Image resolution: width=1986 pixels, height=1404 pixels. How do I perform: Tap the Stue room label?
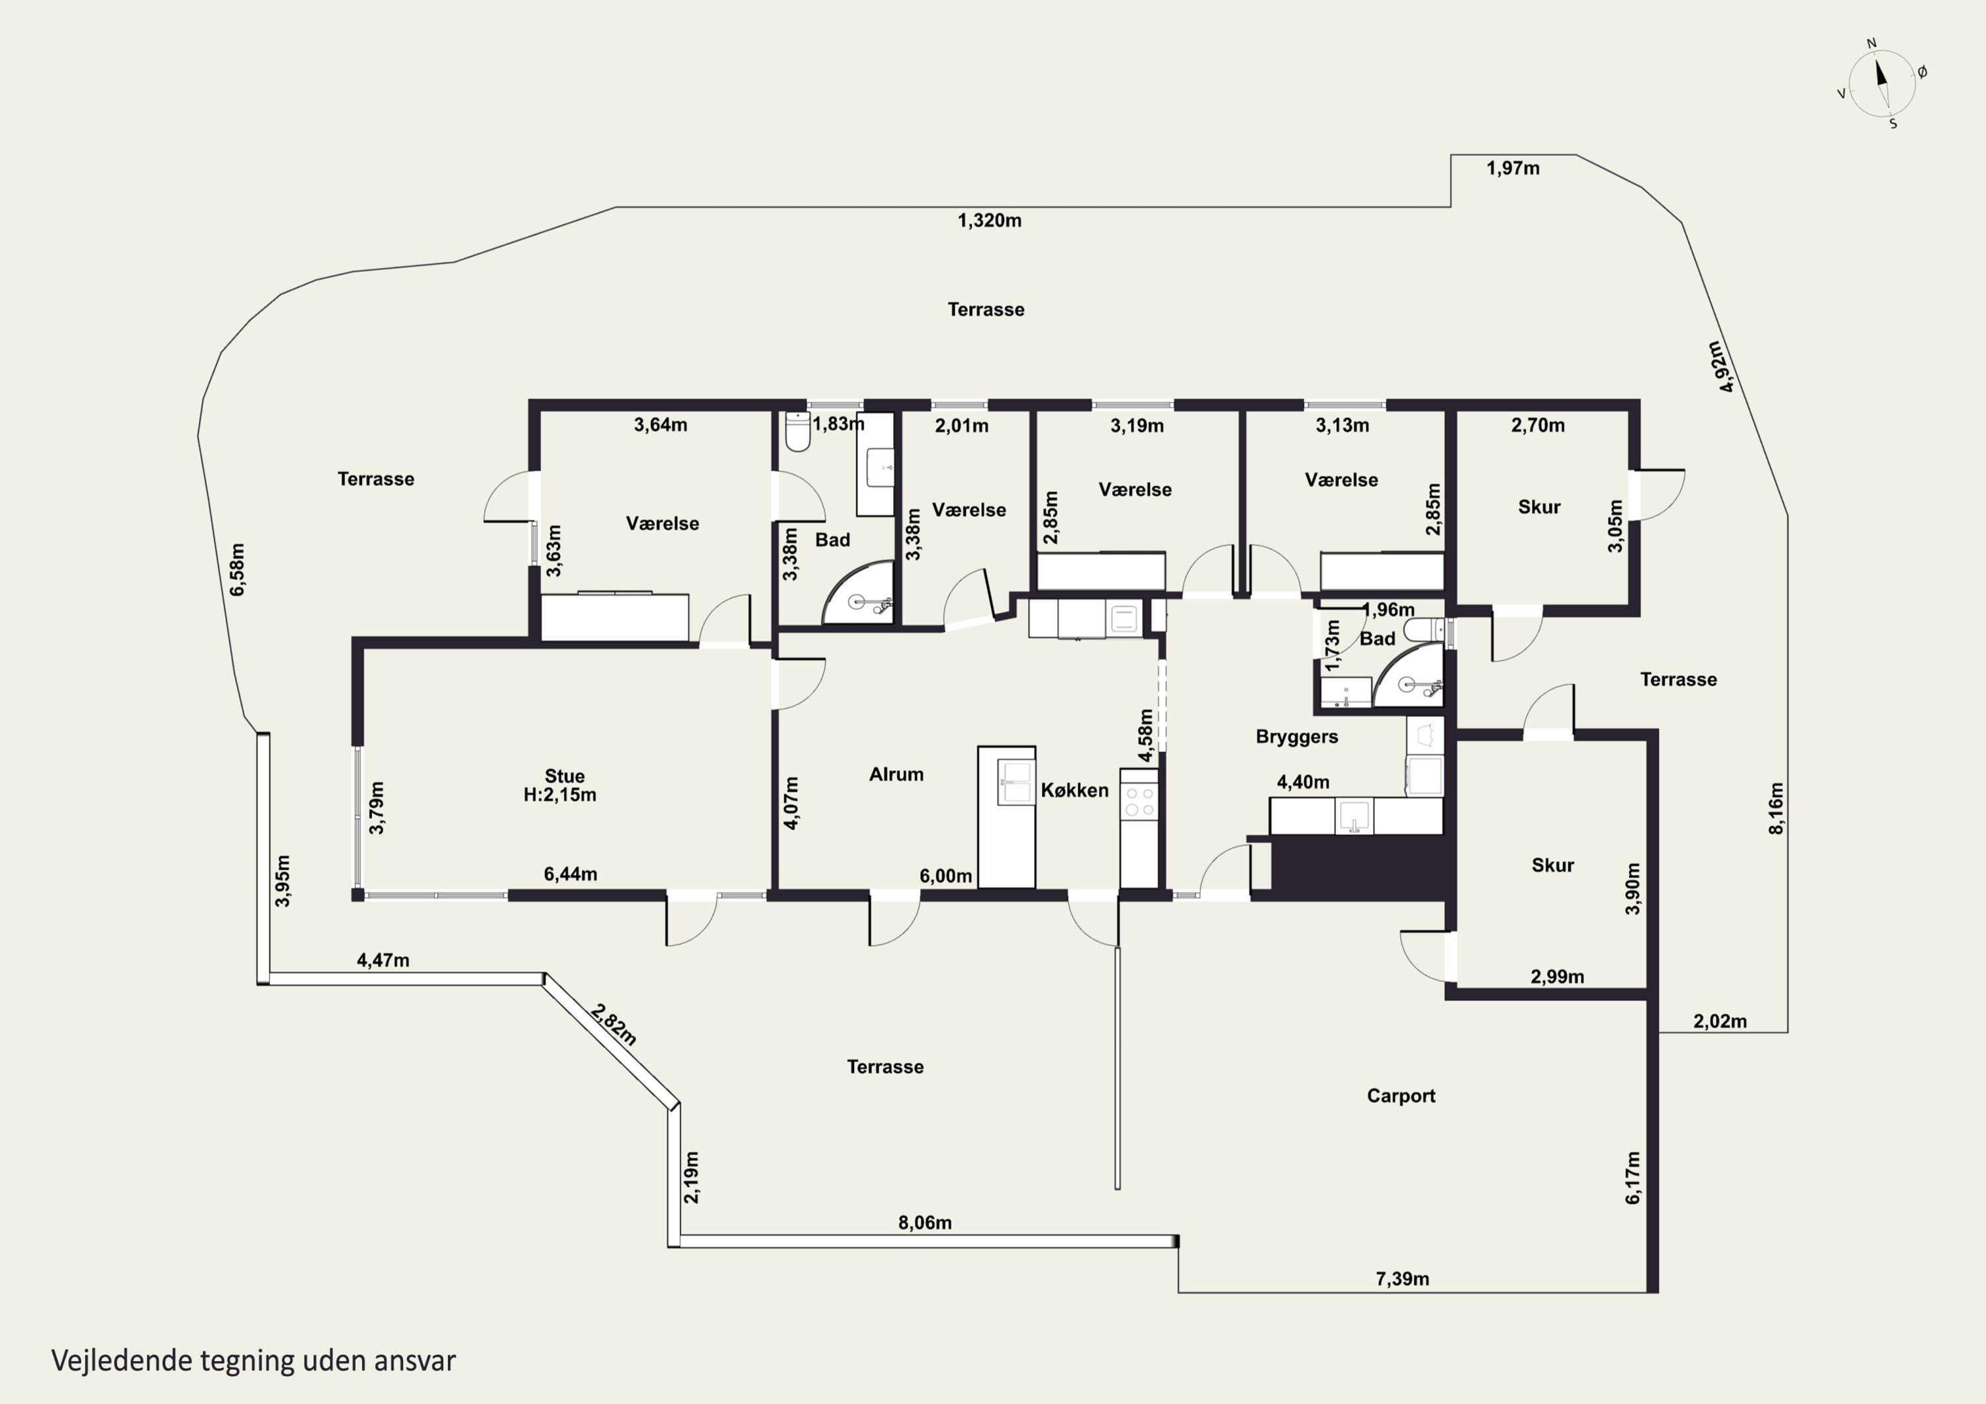[564, 776]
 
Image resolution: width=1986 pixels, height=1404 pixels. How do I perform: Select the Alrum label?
[896, 774]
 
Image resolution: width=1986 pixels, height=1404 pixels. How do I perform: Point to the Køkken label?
[1074, 790]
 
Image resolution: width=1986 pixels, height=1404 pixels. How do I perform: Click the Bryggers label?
[1297, 737]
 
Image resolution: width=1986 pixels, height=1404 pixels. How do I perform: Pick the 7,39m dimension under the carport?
[1402, 1279]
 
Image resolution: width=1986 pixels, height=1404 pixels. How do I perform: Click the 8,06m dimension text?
[925, 1223]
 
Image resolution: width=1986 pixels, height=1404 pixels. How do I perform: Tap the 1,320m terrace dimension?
[990, 220]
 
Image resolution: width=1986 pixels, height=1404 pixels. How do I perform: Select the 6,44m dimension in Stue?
[570, 874]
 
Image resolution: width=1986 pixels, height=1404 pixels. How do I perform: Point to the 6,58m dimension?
[237, 569]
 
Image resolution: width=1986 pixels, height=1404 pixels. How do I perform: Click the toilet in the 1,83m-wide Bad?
[798, 432]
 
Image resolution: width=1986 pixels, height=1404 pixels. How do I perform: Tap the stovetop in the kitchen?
[1139, 800]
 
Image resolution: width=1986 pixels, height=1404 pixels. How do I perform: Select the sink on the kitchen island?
[1016, 782]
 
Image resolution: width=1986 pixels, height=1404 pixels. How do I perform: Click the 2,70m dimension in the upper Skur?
[1538, 425]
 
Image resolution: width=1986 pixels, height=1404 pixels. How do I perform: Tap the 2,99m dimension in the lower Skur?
[1557, 976]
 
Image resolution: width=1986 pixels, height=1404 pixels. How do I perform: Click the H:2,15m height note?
[559, 795]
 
